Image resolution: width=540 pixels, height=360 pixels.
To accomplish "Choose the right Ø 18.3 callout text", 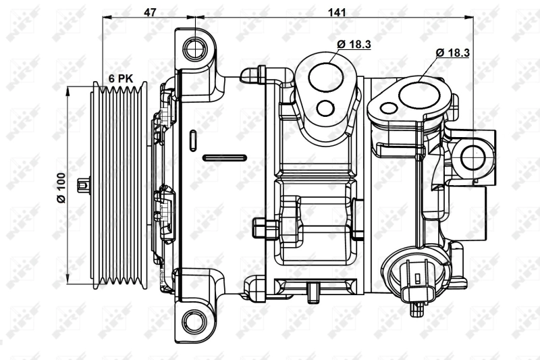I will coord(453,52).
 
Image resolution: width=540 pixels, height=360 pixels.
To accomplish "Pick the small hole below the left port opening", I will coord(326,108).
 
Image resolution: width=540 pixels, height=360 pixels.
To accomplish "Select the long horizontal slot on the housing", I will coord(223,159).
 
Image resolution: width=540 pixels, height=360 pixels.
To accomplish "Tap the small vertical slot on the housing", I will coord(193,139).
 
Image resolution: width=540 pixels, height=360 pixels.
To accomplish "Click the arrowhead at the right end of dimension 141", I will coord(472,19).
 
